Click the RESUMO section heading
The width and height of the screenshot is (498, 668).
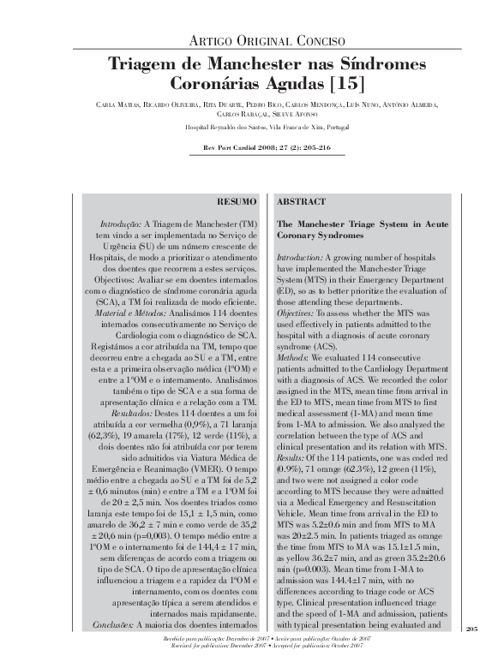click(237, 201)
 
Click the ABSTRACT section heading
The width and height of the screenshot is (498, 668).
click(301, 201)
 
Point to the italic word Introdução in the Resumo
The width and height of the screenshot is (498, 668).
click(119, 223)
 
